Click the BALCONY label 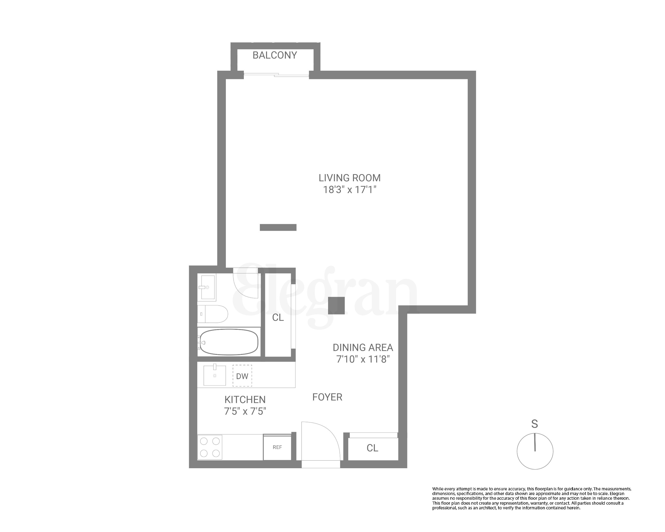(x=275, y=55)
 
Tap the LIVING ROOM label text (x=349, y=178)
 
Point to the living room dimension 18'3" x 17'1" (x=349, y=190)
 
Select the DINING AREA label (x=363, y=348)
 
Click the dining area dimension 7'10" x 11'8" (x=363, y=359)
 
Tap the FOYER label (x=327, y=397)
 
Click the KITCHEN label (x=245, y=400)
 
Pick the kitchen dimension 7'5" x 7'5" (x=245, y=411)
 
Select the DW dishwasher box (x=242, y=376)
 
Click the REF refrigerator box (x=277, y=447)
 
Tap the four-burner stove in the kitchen (x=210, y=447)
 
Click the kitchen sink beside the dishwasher (x=215, y=375)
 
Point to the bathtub (x=228, y=342)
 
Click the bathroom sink (x=207, y=287)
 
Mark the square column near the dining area (x=336, y=306)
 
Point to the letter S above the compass (x=534, y=424)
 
